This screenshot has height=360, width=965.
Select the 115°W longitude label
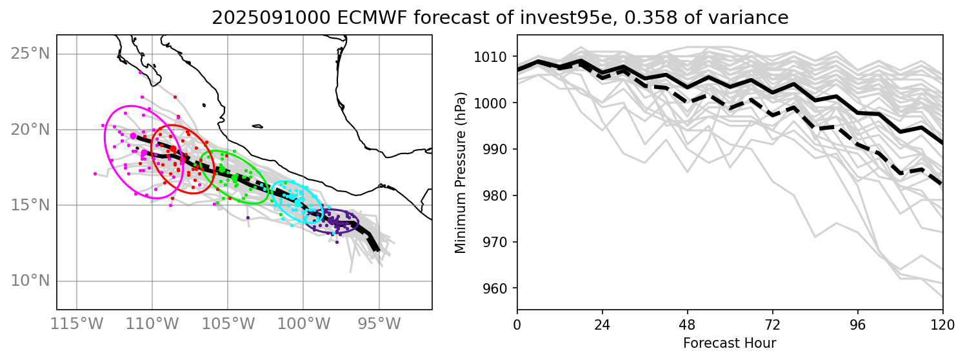pos(77,323)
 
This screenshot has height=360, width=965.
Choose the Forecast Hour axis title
pos(730,343)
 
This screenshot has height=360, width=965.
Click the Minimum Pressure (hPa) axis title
pos(460,172)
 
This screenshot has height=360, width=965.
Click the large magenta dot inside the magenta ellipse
pos(134,136)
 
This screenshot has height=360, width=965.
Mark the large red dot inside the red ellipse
pos(173,149)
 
